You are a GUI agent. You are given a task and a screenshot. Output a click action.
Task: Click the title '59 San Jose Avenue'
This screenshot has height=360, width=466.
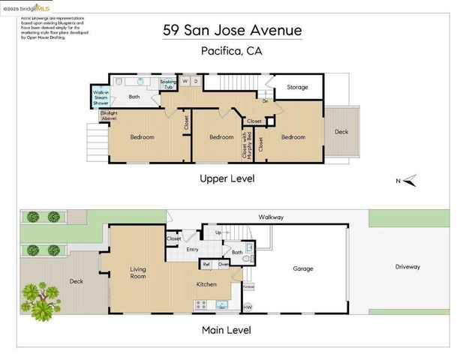(x=233, y=31)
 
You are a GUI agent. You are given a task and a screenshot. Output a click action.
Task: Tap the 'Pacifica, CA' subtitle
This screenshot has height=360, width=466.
(x=233, y=51)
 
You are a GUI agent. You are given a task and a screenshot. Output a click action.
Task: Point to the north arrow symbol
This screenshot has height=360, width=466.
(x=409, y=180)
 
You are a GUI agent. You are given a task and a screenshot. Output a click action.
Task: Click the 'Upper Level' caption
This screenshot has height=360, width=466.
(x=227, y=178)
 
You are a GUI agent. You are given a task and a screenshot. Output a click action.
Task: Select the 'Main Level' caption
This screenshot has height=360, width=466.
(x=225, y=330)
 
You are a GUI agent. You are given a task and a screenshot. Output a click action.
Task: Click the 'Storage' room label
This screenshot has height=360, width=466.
(x=297, y=88)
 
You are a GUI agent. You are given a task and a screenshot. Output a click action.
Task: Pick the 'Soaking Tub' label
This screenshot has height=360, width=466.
(x=169, y=84)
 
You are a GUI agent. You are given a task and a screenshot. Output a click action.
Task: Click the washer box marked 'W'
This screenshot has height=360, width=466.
(x=185, y=80)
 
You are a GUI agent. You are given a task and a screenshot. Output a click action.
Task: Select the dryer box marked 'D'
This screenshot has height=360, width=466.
(x=196, y=80)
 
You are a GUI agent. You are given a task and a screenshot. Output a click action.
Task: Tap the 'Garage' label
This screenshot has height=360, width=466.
(x=303, y=268)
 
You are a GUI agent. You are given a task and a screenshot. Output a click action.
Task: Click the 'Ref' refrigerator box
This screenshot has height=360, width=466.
(x=206, y=264)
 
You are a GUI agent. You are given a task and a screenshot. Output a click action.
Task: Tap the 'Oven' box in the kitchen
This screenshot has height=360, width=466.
(x=223, y=264)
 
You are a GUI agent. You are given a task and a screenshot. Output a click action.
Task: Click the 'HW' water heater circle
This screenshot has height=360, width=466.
(x=248, y=306)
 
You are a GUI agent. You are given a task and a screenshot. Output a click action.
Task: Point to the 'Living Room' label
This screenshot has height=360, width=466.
(x=138, y=272)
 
